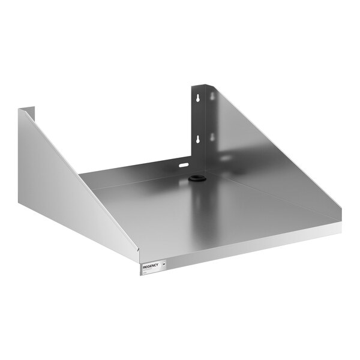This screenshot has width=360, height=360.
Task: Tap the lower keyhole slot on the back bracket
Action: pos(196,139)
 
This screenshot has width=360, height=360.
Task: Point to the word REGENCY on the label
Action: pos(151,264)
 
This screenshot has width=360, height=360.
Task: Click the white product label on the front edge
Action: pos(155,266)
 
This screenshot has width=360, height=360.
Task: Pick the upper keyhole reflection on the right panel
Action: pos(212,95)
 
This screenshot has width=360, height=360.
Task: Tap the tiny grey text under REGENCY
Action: pos(149,269)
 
